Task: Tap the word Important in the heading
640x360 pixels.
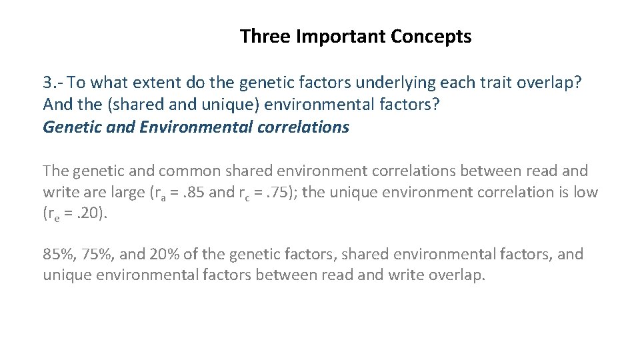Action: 341,36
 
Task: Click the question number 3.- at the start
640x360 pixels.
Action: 53,83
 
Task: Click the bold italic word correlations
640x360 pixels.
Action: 303,127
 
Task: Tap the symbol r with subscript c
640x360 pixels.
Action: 244,194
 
